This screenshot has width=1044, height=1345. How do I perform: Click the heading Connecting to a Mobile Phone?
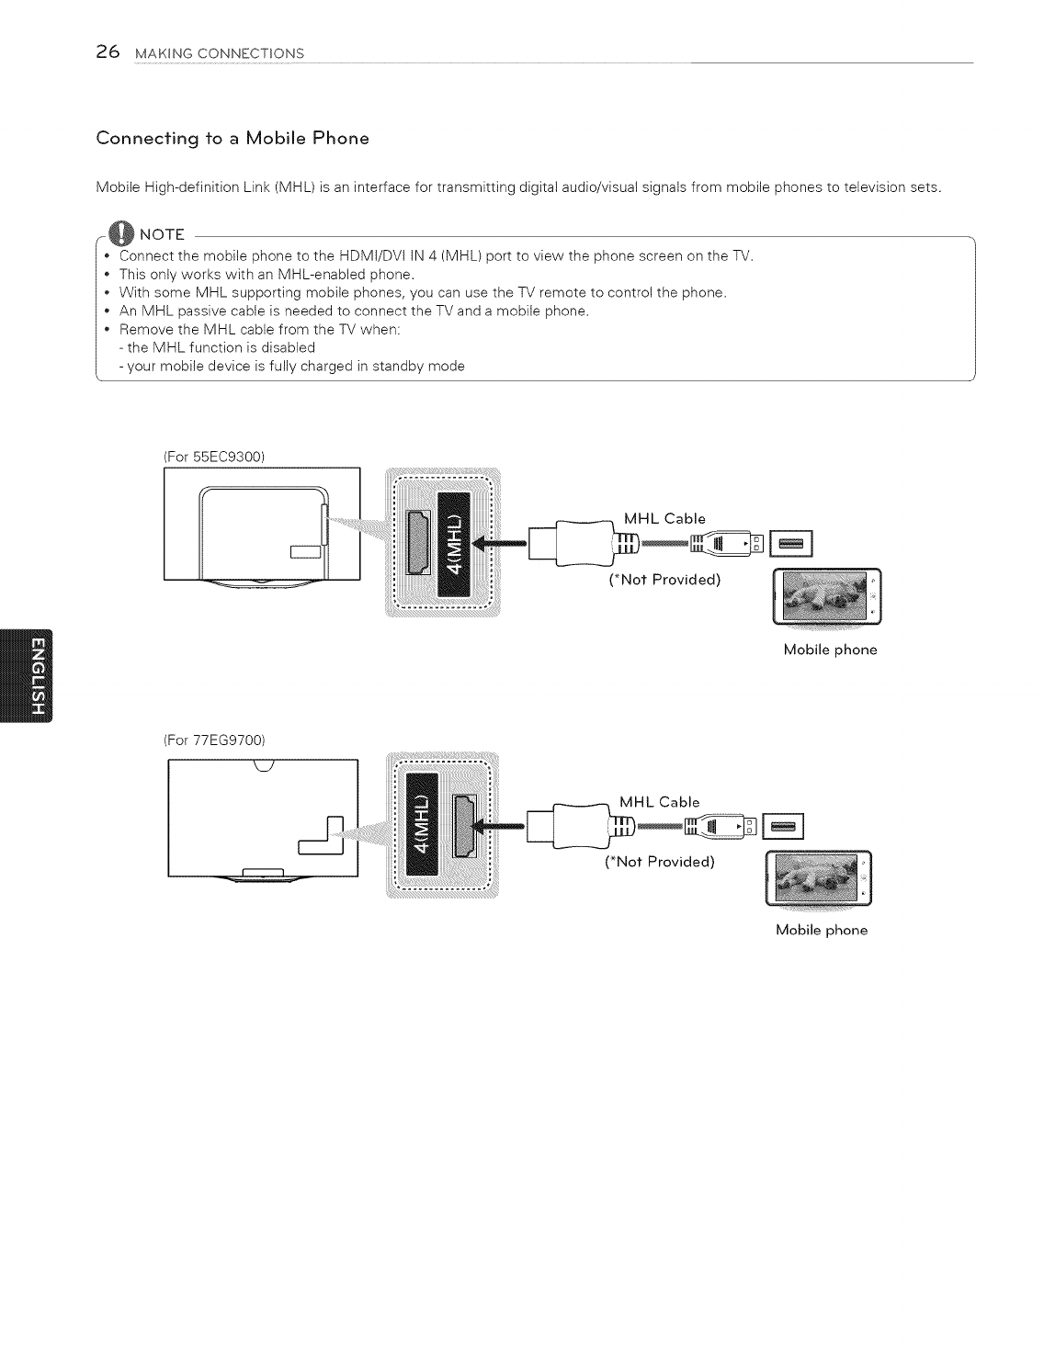(233, 139)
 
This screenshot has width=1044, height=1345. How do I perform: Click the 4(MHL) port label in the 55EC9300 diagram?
(454, 543)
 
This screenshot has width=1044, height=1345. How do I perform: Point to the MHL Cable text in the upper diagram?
(664, 519)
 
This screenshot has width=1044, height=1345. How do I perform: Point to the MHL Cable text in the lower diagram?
(659, 802)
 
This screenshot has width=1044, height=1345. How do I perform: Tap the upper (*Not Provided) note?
(664, 580)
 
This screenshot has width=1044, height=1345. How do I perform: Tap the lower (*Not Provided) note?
(659, 862)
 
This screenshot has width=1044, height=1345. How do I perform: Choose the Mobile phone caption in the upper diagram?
(830, 650)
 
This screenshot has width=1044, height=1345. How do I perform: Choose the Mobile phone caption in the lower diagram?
(822, 930)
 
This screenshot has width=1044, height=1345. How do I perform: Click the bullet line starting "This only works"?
(267, 275)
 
